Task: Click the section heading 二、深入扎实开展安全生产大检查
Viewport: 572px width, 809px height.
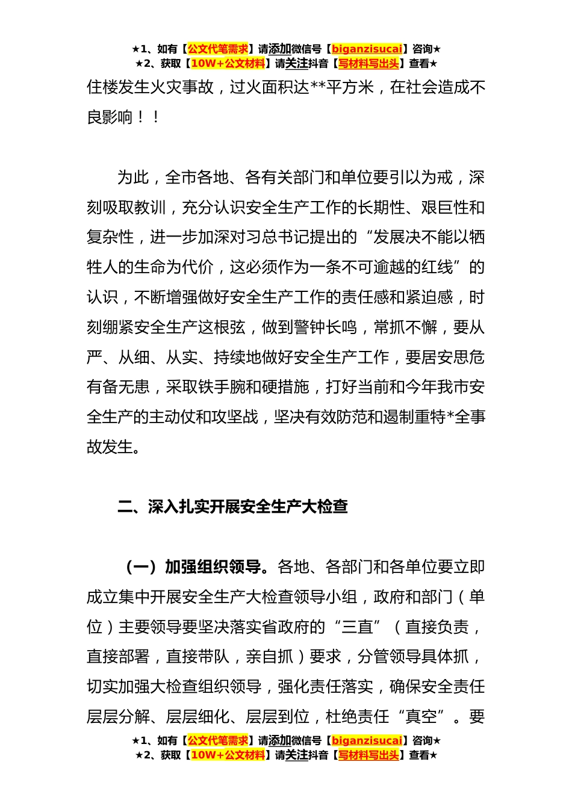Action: click(233, 506)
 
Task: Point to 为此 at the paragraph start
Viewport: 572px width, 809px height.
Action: click(133, 178)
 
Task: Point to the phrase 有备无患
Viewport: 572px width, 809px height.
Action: click(118, 387)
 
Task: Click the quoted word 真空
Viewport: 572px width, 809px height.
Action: click(421, 717)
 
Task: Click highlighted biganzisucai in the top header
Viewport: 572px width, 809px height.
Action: click(367, 49)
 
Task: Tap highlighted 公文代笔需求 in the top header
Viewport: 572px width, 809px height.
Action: click(218, 49)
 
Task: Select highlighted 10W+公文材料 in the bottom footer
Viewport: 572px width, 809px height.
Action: click(228, 755)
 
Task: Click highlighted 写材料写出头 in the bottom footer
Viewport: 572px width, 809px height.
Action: click(368, 755)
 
